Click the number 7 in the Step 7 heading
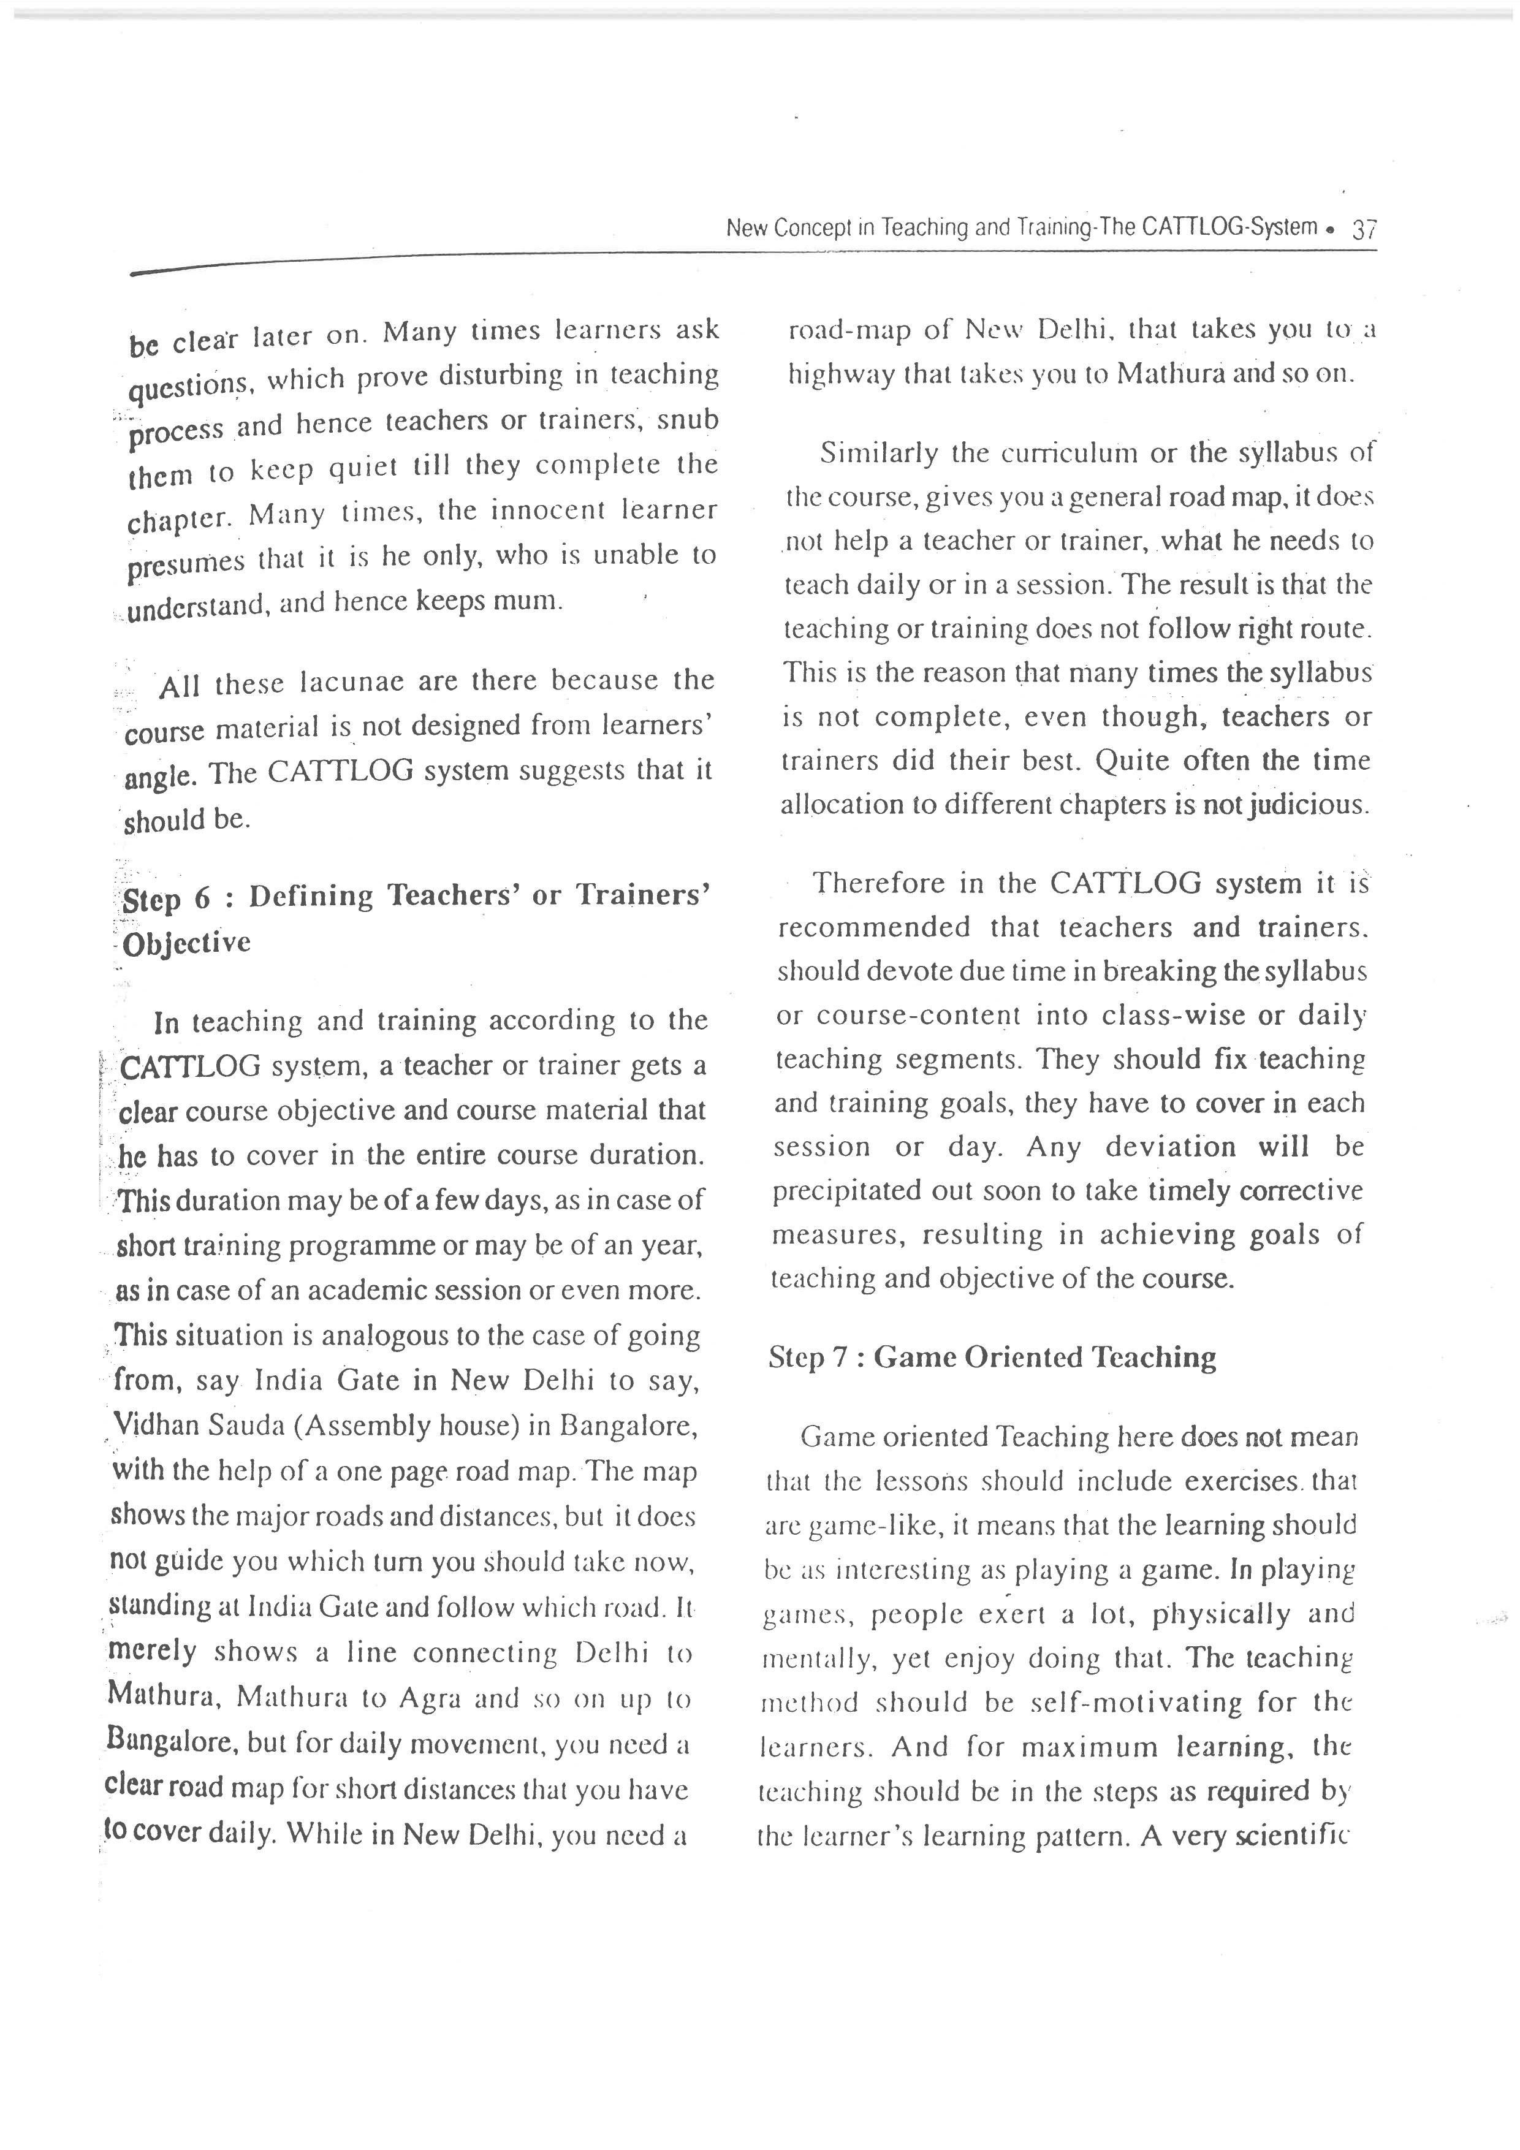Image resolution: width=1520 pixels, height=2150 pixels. [840, 1358]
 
